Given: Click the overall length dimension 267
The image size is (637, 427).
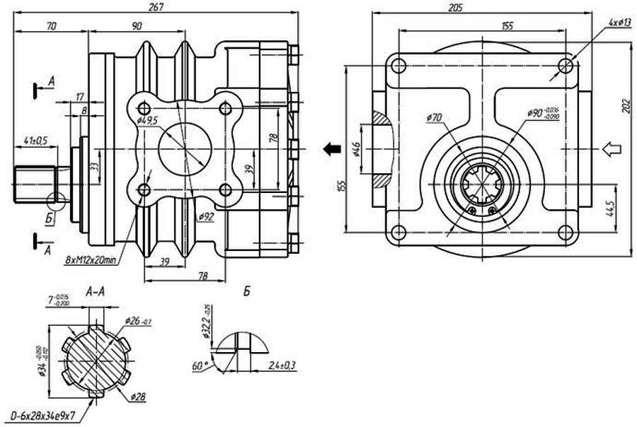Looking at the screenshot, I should tap(157, 7).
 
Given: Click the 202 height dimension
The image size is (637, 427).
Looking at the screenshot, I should tap(626, 106).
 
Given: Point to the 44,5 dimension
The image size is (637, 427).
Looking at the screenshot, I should tap(610, 209).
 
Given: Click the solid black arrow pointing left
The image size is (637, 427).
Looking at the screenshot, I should tap(328, 148).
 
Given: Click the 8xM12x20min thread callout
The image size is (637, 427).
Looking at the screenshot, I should tap(91, 260).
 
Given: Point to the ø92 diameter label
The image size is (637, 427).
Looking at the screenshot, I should tap(205, 215).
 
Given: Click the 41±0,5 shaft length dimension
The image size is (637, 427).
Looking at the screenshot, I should tap(35, 140).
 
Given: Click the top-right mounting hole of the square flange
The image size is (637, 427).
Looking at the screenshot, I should tap(566, 66).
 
